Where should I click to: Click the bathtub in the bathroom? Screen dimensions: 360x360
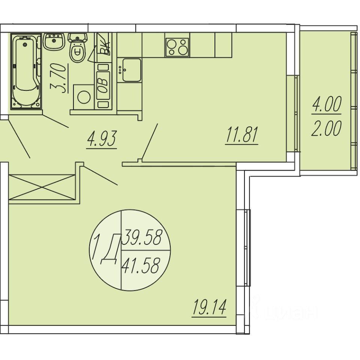[26, 71]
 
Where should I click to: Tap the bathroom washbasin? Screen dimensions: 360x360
[54, 42]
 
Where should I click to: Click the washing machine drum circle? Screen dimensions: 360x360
[84, 97]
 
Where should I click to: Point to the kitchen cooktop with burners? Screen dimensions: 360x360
[177, 47]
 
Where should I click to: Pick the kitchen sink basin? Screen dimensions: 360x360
[132, 70]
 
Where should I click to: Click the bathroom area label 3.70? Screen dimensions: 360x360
[58, 78]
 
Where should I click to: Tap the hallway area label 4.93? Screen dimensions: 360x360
[102, 139]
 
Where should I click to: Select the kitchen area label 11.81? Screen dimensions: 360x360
[242, 135]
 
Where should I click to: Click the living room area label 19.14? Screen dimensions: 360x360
[209, 307]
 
